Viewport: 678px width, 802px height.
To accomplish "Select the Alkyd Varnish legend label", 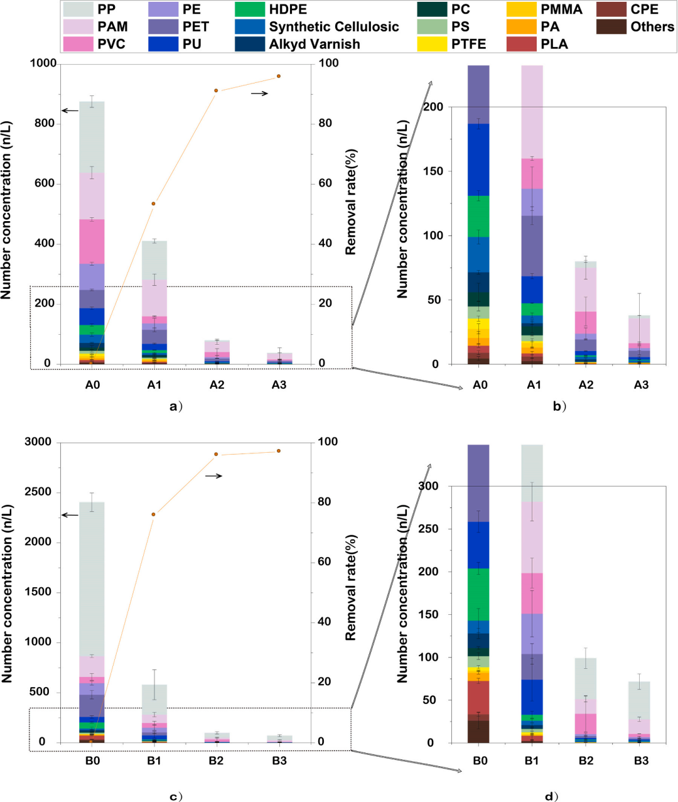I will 315,44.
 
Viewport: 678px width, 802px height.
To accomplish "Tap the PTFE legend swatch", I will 433,44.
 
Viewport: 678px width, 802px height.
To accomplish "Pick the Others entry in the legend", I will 652,27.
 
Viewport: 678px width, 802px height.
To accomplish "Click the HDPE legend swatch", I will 249,10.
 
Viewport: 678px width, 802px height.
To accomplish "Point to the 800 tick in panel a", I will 44,124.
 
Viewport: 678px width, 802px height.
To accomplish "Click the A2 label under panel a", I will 217,385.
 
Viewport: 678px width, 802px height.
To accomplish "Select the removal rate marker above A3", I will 279,77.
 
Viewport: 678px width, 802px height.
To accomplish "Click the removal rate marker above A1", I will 153,203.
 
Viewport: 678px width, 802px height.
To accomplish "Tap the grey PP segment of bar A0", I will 92,137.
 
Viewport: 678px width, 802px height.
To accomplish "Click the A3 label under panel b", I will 641,385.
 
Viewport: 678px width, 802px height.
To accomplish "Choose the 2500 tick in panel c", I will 39,492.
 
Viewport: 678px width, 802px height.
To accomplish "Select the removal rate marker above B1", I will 153,514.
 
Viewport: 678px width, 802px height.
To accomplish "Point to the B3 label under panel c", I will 279,762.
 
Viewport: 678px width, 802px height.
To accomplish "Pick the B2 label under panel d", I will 586,761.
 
